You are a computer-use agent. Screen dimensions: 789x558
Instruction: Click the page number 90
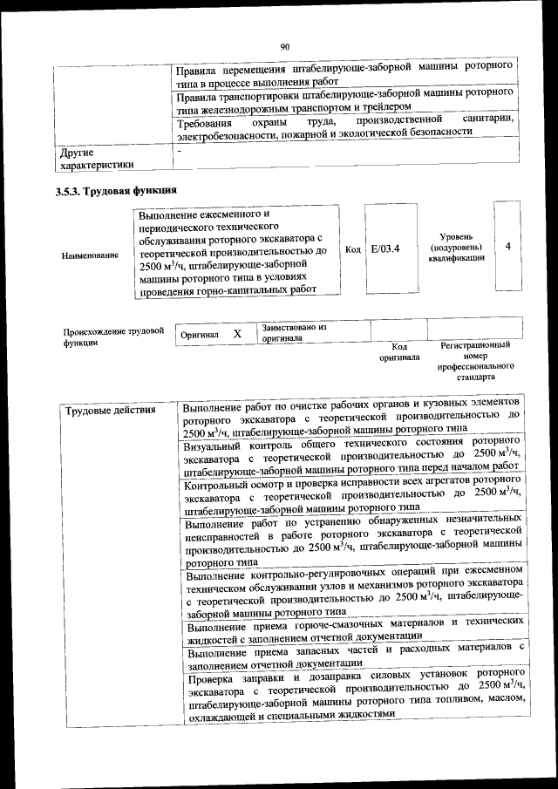coord(284,47)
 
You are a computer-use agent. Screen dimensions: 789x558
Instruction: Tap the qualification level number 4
coord(507,248)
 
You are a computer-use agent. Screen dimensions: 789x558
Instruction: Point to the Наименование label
coord(90,256)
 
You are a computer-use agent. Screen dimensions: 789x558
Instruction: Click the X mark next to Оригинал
coord(236,334)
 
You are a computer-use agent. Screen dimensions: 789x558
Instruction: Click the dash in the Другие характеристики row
coord(179,152)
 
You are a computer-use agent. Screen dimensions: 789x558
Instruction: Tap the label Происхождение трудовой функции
coord(113,337)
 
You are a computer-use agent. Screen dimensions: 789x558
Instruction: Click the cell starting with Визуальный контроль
coord(351,454)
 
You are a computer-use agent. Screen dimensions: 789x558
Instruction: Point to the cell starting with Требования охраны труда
coord(345,126)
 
